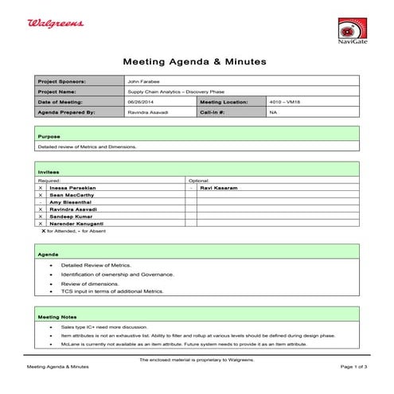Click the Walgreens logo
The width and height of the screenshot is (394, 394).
click(x=56, y=25)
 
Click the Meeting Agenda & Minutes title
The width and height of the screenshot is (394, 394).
click(x=194, y=61)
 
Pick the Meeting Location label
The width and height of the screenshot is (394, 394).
click(x=224, y=102)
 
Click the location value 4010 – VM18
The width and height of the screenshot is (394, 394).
click(x=284, y=102)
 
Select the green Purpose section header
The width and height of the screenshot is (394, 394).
click(x=197, y=137)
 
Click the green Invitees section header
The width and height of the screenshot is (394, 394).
click(x=197, y=172)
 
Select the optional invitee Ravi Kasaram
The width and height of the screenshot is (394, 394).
click(x=219, y=187)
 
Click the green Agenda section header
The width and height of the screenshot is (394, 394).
click(x=197, y=254)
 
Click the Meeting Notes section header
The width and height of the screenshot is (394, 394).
click(x=197, y=317)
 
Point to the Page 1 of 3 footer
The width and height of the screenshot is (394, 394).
click(x=353, y=367)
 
